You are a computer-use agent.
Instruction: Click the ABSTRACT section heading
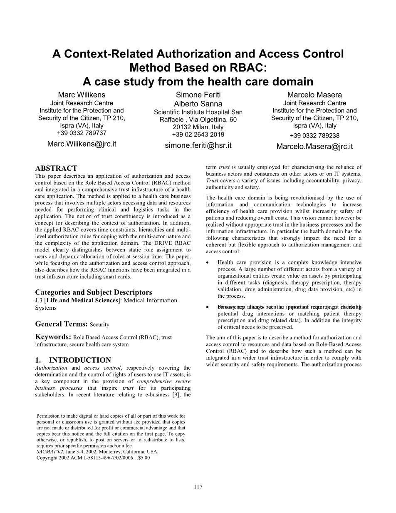(56, 169)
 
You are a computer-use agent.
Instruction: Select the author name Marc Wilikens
(82, 95)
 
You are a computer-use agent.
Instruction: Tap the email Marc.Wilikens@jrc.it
(82, 144)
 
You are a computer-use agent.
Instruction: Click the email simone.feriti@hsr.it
(198, 145)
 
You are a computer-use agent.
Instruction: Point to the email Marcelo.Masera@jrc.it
(314, 146)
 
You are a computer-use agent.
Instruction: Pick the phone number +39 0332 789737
(82, 133)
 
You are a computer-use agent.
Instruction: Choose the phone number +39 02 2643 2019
(198, 134)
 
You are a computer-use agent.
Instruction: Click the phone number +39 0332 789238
(314, 135)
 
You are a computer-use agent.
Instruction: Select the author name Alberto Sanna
(198, 104)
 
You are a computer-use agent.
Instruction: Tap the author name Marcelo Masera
(314, 95)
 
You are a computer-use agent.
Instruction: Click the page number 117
(198, 487)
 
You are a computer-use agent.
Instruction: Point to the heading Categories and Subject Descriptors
(94, 292)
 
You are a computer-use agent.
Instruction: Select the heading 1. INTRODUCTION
(73, 360)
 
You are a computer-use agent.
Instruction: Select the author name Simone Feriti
(198, 95)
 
